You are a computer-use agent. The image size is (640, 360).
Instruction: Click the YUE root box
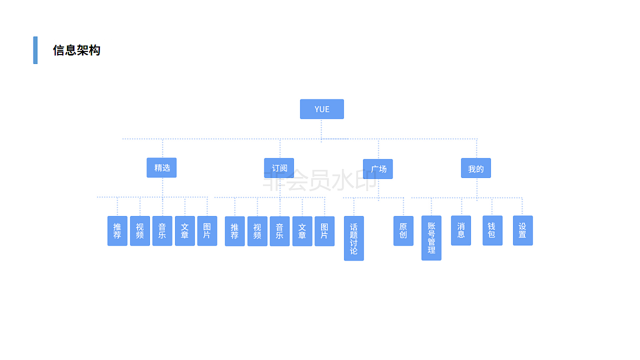[321, 109]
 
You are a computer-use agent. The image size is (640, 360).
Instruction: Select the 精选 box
[161, 167]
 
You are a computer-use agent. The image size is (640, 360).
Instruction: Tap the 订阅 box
[279, 168]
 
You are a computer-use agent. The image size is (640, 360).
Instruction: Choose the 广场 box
[378, 169]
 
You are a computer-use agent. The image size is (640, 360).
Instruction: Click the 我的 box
[475, 168]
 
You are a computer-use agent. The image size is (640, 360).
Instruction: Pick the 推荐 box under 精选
[117, 230]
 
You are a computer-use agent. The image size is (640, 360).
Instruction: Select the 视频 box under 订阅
[257, 231]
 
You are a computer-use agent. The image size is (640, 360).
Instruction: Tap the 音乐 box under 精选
[162, 230]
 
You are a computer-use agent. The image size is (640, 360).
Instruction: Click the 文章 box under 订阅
[302, 231]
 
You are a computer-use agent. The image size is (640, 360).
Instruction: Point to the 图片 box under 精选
[207, 230]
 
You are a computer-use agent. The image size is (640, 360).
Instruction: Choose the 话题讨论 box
[353, 238]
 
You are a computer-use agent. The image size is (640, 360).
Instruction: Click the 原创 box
[403, 230]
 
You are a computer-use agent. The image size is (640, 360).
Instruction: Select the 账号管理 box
[431, 238]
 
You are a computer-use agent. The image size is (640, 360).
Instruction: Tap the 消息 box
[460, 230]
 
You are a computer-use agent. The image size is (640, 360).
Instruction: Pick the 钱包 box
[492, 230]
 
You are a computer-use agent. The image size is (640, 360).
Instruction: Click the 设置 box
[522, 230]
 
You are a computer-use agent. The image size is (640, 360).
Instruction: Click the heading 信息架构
[76, 50]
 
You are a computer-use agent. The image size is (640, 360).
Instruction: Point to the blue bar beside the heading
[35, 50]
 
